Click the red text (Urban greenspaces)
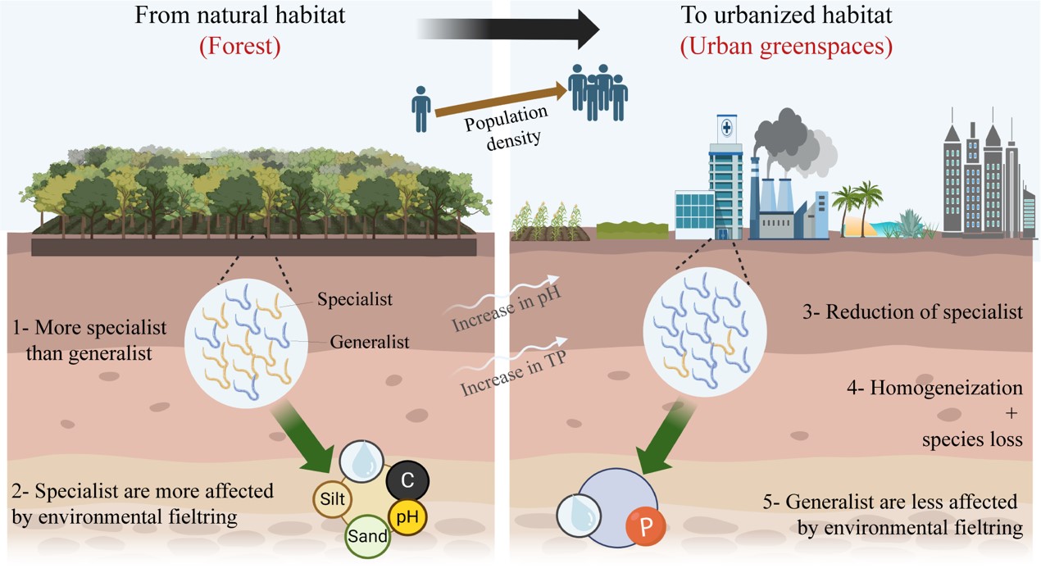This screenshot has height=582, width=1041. click(785, 47)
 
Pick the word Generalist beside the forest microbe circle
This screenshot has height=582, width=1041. click(370, 342)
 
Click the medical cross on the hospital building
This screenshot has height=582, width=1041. click(725, 130)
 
